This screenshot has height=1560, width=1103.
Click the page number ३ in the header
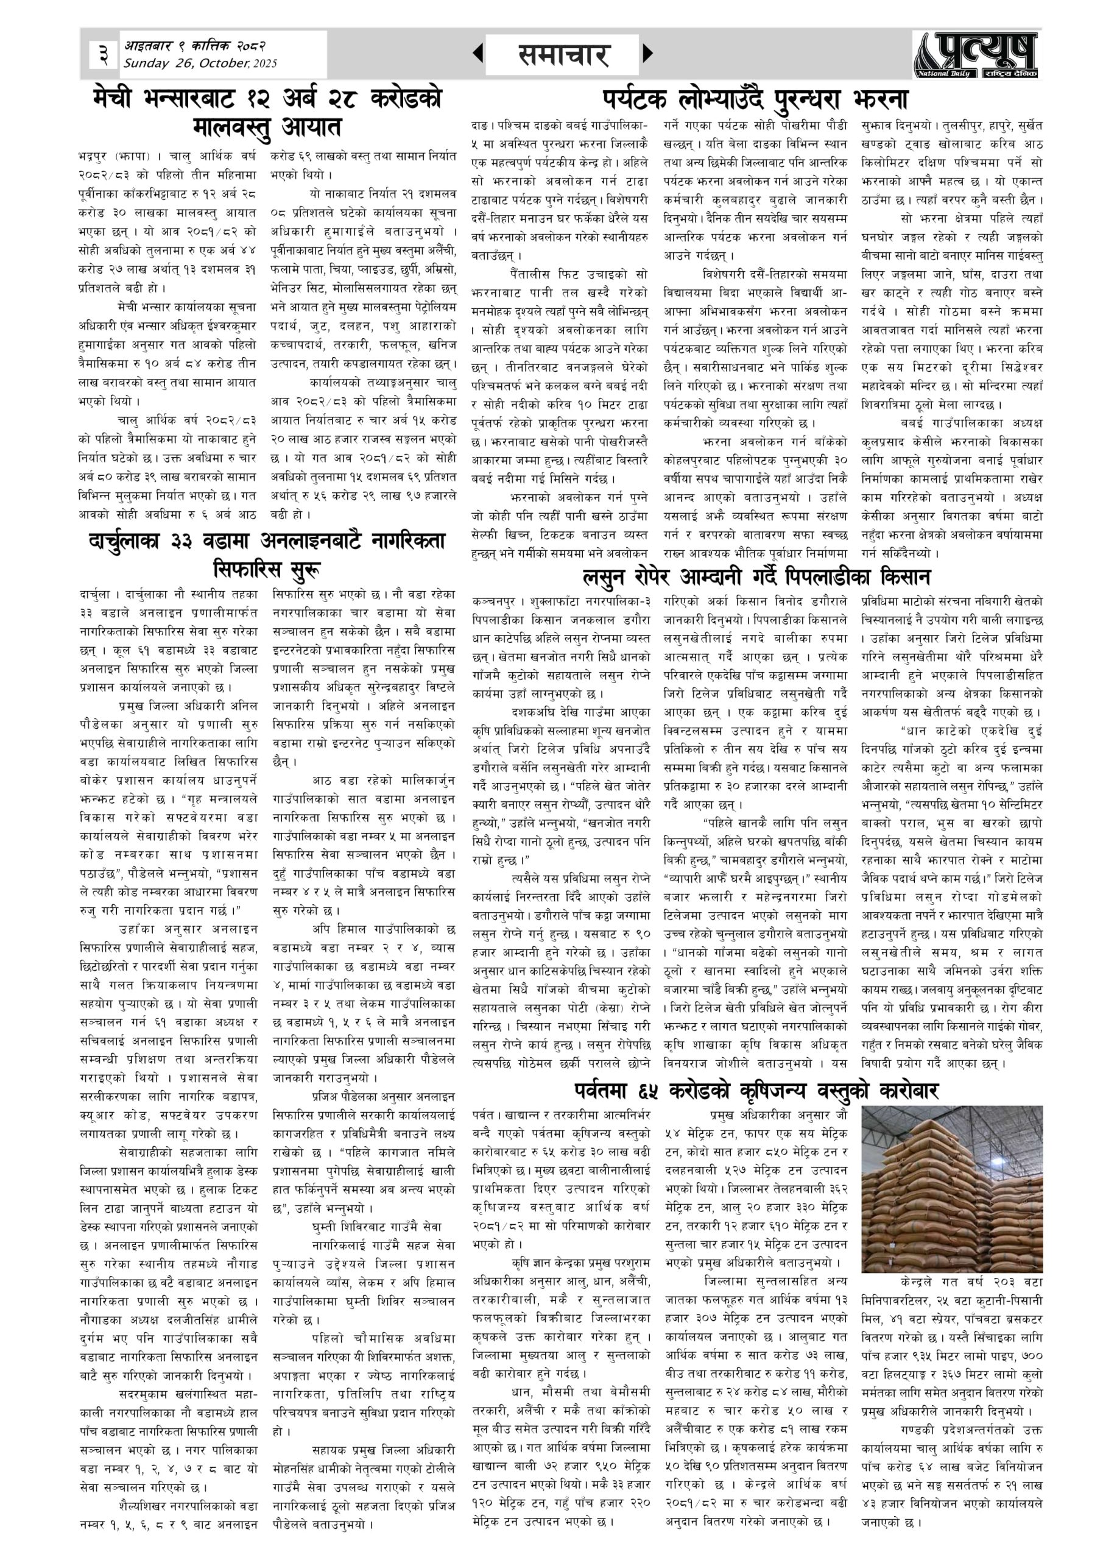click(102, 54)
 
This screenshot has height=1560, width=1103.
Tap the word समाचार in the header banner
click(562, 54)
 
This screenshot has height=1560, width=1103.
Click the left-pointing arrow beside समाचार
click(478, 53)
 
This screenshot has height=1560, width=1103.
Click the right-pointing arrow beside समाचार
click(647, 53)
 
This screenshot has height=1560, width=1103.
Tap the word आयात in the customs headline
click(309, 127)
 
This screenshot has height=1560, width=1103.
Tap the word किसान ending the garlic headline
click(903, 577)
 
